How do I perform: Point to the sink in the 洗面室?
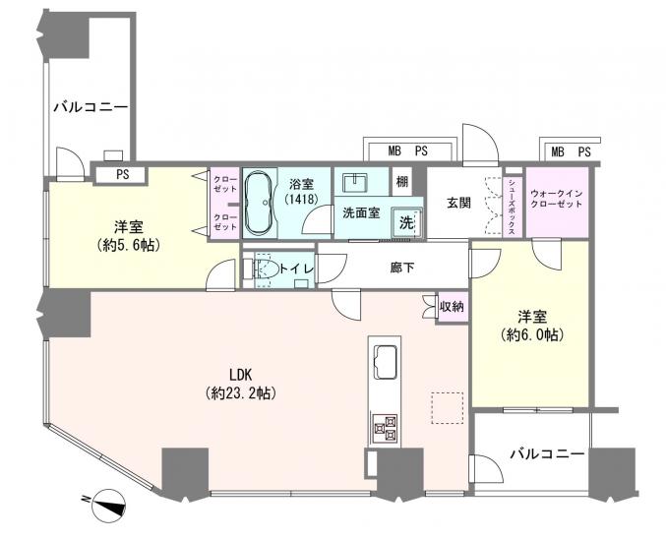tap(354, 183)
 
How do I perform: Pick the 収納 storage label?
tap(452, 308)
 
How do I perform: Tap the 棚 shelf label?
tap(401, 182)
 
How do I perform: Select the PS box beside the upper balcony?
tap(120, 176)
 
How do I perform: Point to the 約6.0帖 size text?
tap(531, 334)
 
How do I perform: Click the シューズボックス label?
tap(513, 205)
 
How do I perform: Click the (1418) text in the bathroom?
tap(301, 200)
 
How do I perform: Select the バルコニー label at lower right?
tap(546, 454)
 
